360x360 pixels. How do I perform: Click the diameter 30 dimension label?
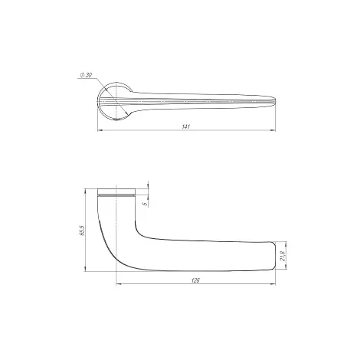86,75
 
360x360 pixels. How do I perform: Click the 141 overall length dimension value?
186,126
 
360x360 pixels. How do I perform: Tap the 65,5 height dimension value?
82,230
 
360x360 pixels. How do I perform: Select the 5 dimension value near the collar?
146,204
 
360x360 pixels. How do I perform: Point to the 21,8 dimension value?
283,256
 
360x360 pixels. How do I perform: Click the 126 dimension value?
195,280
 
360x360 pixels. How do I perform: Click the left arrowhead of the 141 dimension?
100,130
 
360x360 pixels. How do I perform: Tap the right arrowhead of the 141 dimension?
273,130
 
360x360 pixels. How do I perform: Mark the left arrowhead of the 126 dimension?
119,283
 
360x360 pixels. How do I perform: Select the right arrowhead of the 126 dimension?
273,283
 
